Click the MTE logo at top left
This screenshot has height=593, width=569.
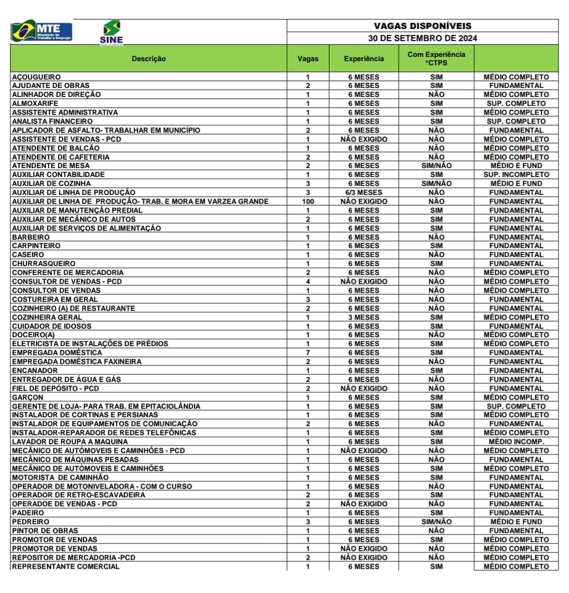(x=42, y=31)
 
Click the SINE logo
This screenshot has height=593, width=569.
(x=111, y=32)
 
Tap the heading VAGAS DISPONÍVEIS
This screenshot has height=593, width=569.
(x=423, y=26)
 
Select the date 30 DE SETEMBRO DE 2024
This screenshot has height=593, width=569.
(x=423, y=38)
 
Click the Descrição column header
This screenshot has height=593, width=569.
(x=149, y=58)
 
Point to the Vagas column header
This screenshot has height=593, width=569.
(x=308, y=58)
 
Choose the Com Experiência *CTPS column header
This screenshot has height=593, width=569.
(x=436, y=58)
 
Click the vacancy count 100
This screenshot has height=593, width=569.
(x=308, y=201)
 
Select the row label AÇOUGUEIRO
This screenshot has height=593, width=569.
(x=36, y=77)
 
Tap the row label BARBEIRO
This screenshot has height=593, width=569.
(x=31, y=237)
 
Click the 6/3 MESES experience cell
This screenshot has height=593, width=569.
(x=364, y=192)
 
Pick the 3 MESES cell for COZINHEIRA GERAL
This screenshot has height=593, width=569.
(x=364, y=317)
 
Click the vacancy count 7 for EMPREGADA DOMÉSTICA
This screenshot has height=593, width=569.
(x=308, y=352)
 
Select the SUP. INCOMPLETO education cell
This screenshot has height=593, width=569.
(x=516, y=174)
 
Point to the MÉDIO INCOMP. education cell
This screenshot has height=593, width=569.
(x=516, y=441)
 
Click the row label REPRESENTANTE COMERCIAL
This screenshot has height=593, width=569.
(x=66, y=567)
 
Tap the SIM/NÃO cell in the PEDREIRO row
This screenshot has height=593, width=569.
(x=436, y=522)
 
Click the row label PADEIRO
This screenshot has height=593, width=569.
(x=28, y=512)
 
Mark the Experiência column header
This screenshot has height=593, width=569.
(x=364, y=58)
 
